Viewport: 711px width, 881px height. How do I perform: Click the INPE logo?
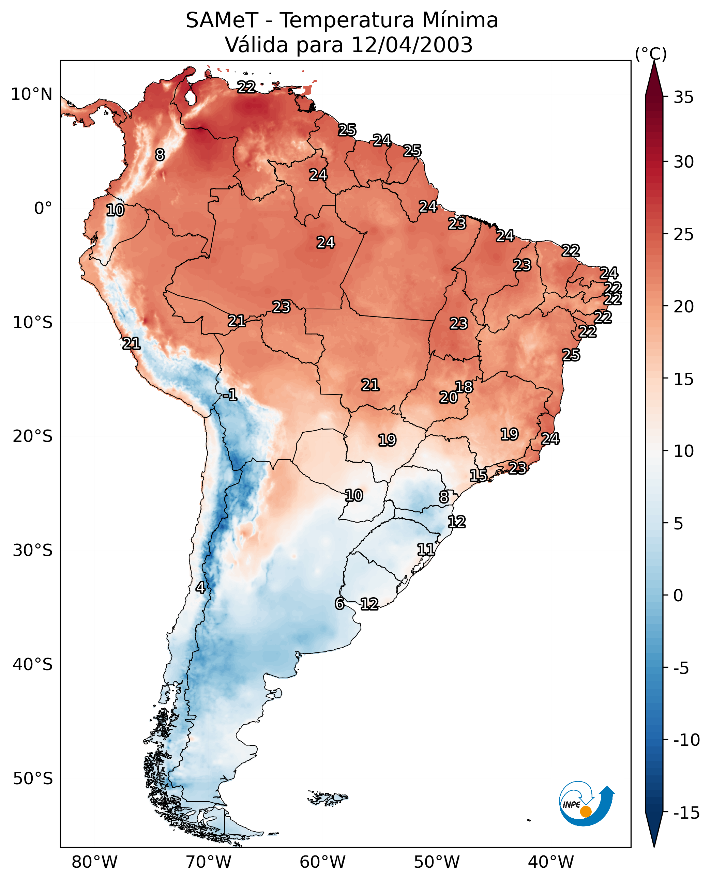pos(586,804)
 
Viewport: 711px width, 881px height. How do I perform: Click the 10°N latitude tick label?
pos(32,95)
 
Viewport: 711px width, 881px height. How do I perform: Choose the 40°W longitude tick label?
pos(551,862)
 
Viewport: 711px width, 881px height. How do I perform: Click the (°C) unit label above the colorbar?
pos(651,53)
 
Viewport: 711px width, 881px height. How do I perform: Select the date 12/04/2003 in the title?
pos(412,45)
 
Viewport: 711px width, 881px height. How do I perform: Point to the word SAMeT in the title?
pos(222,20)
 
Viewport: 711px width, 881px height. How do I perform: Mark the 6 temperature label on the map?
pos(339,603)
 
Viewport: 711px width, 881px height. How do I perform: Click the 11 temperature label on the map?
pos(426,550)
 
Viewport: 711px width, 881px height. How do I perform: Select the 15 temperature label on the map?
pos(478,475)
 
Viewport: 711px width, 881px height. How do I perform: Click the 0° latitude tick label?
pos(43,208)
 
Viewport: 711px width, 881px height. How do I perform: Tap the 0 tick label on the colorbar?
pos(678,596)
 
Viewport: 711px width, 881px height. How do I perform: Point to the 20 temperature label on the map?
pos(449,397)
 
